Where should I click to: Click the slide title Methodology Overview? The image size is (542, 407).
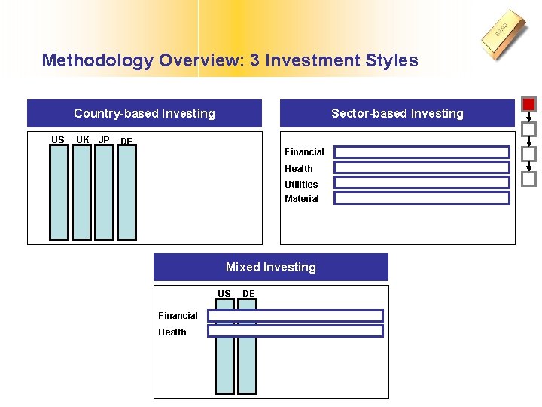pos(230,60)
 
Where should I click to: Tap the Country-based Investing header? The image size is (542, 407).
pos(145,114)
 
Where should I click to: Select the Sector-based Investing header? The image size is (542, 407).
pos(397,114)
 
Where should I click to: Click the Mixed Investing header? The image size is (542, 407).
pos(271,268)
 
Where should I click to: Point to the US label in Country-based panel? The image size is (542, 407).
pos(58,140)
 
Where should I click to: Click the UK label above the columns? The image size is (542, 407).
pos(83,140)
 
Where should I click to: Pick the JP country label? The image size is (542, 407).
pos(104,140)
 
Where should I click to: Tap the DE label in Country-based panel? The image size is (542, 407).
pos(126,142)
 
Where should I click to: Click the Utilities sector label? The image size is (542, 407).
pos(301,185)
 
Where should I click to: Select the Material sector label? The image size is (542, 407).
pos(302,199)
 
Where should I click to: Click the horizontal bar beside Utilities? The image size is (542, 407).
pos(422,182)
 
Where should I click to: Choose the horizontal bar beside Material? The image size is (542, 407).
pos(422,198)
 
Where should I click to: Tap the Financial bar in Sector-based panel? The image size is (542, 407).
pos(422,151)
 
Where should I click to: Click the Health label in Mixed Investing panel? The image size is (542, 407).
pos(172,332)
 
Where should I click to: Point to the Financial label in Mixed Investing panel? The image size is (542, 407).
pos(178,316)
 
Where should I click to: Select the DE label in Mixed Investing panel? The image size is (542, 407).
pos(248,294)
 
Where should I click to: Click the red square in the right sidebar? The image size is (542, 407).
pos(529,105)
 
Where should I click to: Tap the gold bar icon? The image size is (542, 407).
pos(500,35)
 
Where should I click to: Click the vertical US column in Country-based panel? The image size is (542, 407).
pos(59,192)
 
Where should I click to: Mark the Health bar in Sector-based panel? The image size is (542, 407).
pos(422,167)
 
